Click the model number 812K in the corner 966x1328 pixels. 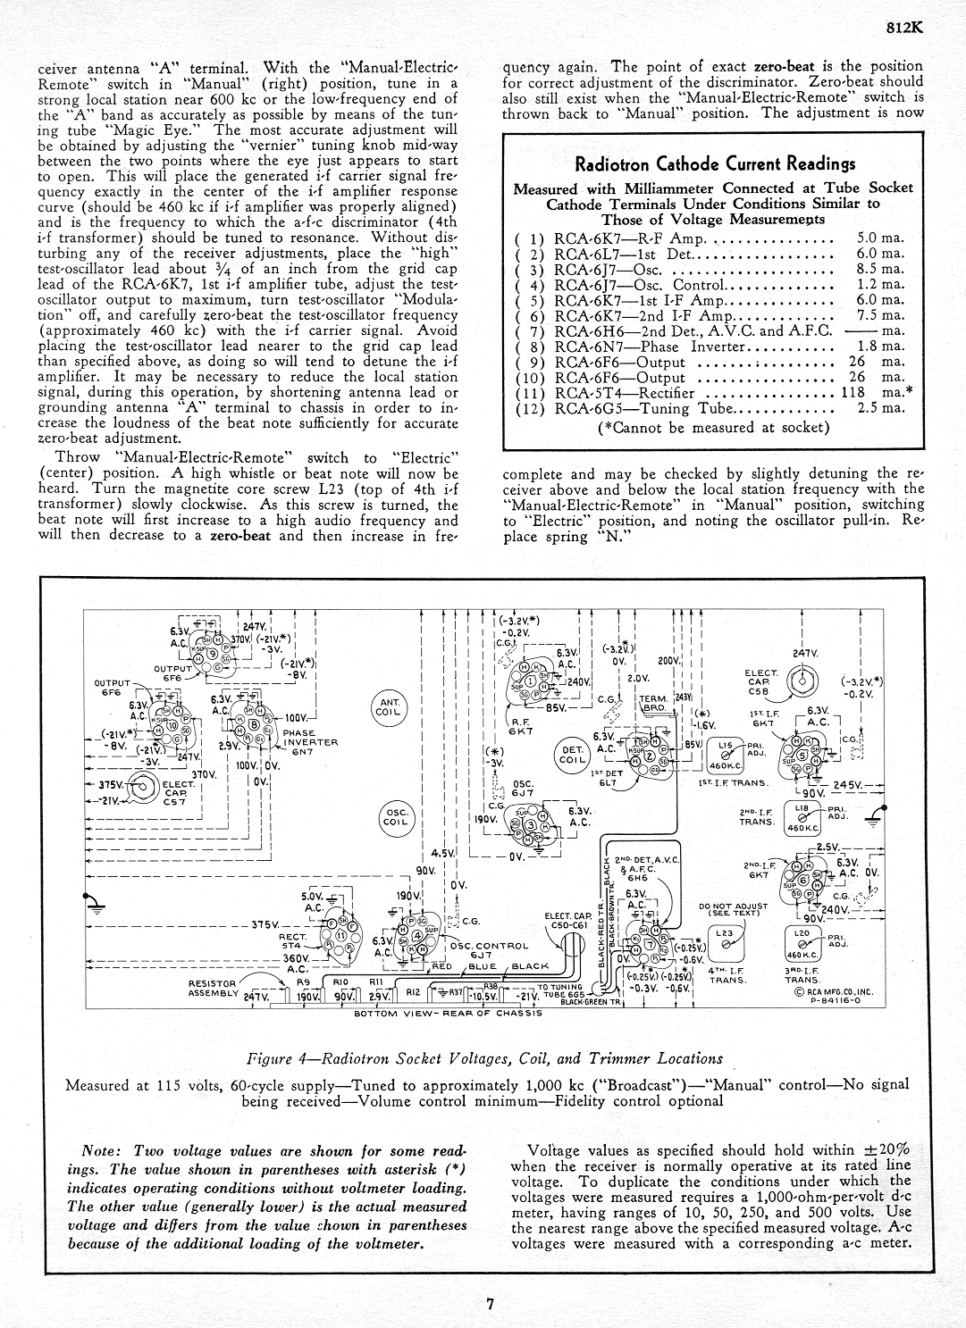[x=904, y=28]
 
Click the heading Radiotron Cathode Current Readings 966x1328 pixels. [x=714, y=164]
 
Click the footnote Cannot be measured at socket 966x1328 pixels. [x=713, y=427]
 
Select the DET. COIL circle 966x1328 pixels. [x=571, y=754]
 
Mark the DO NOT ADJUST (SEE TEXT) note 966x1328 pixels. [x=732, y=909]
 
